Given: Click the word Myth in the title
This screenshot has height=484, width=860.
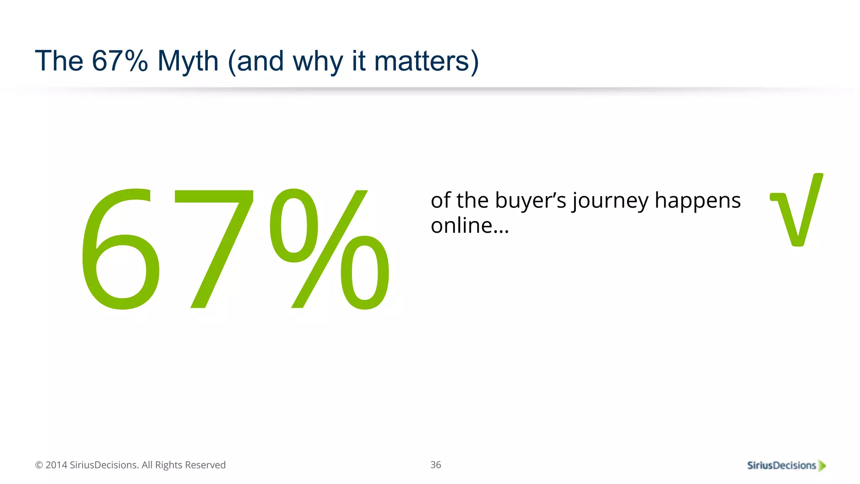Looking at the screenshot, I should [188, 61].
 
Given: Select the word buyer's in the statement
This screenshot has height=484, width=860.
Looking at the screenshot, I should [531, 200].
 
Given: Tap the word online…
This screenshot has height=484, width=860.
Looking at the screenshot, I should [469, 226].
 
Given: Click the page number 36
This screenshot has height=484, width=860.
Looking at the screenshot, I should [435, 465].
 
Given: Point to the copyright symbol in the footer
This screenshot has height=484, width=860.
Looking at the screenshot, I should [39, 465].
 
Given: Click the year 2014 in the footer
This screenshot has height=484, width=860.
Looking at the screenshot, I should [56, 465].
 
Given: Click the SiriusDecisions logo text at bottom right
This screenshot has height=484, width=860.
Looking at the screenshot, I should [781, 466].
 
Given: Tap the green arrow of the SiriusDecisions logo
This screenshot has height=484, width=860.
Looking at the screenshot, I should [822, 466].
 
